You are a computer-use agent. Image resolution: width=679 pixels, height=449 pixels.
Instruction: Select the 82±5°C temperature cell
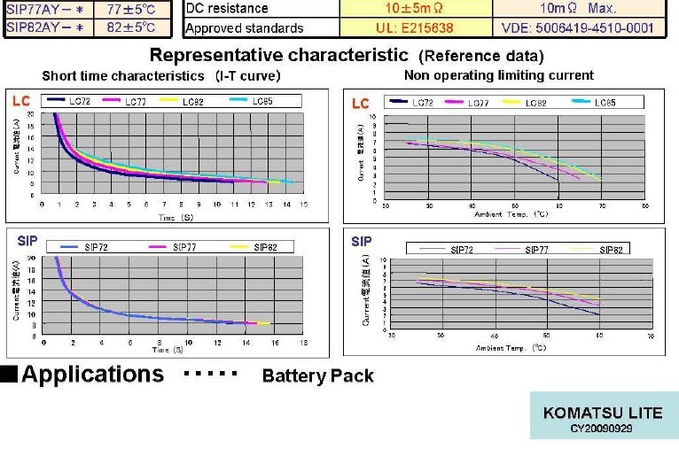tap(130, 27)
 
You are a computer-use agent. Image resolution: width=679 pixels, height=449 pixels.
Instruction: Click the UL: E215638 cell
tap(416, 27)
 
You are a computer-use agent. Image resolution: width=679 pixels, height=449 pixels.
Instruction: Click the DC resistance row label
tap(227, 8)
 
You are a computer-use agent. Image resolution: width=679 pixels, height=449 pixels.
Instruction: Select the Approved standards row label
tap(244, 27)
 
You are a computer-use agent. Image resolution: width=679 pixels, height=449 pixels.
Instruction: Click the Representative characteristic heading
tap(277, 55)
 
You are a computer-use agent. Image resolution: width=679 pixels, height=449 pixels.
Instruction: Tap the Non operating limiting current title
tap(498, 75)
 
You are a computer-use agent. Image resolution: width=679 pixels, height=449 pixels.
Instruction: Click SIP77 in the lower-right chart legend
tap(537, 250)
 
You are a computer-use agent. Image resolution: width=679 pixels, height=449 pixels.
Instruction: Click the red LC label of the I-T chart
tap(20, 102)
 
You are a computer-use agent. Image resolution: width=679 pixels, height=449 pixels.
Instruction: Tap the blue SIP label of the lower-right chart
tap(361, 242)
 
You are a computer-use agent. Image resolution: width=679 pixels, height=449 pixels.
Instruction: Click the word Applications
tap(92, 374)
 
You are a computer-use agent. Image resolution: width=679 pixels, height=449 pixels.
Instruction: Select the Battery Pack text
tap(317, 375)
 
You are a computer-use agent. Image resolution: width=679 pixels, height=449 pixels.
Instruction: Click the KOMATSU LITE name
tap(603, 413)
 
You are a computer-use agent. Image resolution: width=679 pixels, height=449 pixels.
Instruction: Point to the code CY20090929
tap(603, 429)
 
